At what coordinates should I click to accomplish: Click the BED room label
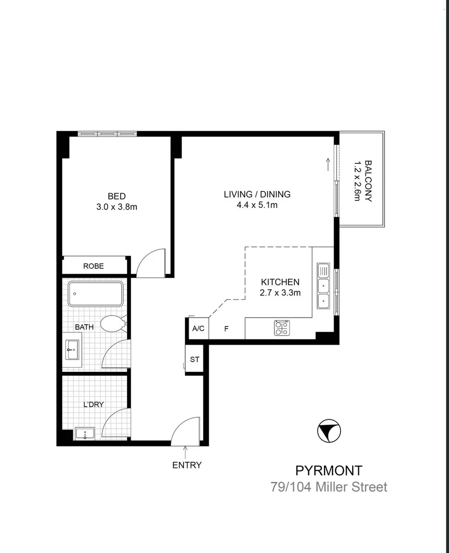click(116, 196)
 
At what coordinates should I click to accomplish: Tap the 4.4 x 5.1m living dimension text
click(257, 206)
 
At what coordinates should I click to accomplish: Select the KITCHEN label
click(280, 282)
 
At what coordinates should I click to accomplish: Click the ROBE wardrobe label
click(94, 266)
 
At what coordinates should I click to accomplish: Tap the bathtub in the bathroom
click(95, 294)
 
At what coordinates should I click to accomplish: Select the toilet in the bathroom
click(113, 324)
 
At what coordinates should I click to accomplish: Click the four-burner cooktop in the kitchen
click(281, 328)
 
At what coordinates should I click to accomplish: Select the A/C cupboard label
click(198, 329)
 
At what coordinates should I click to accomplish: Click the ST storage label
click(195, 359)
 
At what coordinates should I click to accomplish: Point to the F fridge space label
click(226, 329)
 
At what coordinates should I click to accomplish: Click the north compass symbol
click(328, 431)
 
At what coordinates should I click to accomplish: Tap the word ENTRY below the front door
click(187, 465)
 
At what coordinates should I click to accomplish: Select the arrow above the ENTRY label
click(186, 452)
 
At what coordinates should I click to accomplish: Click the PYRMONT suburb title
click(329, 470)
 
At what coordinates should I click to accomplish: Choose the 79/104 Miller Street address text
click(329, 487)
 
